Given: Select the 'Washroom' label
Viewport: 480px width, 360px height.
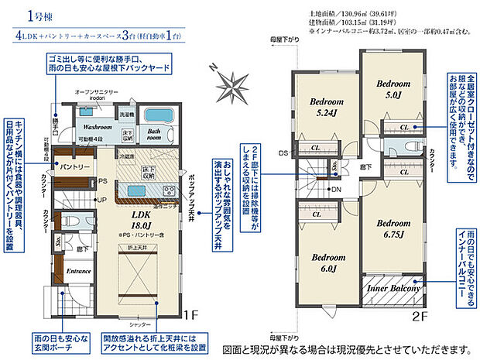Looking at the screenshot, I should point(98,125).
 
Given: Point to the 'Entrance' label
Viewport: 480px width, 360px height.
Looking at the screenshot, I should point(79,272).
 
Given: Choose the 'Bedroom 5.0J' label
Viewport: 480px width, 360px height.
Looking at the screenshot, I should point(393,90).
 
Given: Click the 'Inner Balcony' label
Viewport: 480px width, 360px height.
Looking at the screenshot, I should point(393,288).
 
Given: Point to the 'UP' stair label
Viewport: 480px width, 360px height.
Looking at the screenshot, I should point(101,200).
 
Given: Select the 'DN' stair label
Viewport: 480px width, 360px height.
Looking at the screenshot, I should point(336,189).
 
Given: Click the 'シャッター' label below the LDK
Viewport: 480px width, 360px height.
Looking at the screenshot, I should point(139,324).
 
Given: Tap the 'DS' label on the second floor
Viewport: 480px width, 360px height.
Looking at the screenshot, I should point(283,153).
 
